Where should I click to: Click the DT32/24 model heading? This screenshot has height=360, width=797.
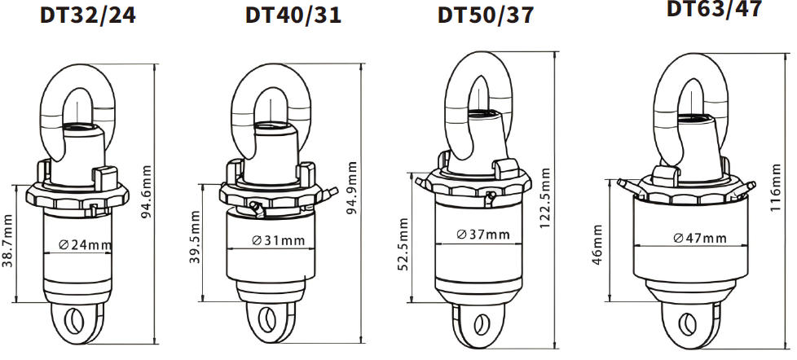pyautogui.click(x=87, y=15)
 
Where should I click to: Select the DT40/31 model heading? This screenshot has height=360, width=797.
pyautogui.click(x=293, y=15)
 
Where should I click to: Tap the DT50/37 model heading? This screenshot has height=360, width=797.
pyautogui.click(x=486, y=15)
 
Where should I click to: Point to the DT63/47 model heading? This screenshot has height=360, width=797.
pyautogui.click(x=714, y=9)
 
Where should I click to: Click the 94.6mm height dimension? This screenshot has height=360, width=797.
pyautogui.click(x=147, y=191)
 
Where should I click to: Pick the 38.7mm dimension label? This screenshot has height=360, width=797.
pyautogui.click(x=7, y=240)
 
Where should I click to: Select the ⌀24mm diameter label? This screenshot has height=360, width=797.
pyautogui.click(x=85, y=244)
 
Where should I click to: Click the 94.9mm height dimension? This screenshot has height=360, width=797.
pyautogui.click(x=351, y=188)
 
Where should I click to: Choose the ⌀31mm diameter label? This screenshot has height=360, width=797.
pyautogui.click(x=279, y=239)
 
